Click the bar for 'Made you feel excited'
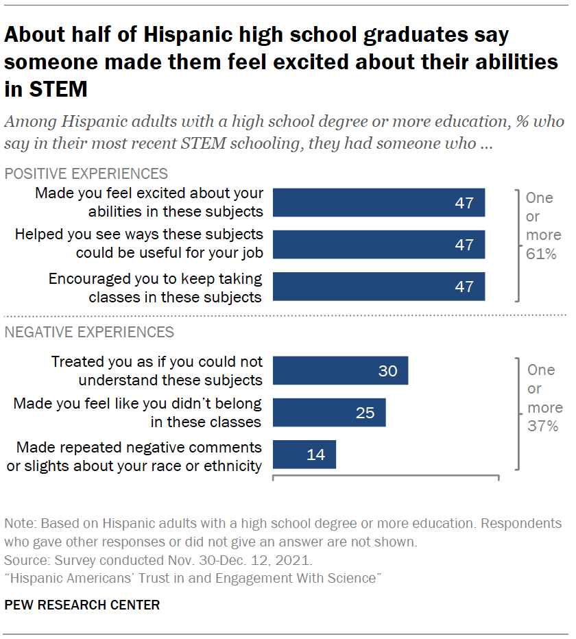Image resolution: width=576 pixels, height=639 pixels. click(x=379, y=203)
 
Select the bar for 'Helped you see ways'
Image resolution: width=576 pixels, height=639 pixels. click(x=379, y=245)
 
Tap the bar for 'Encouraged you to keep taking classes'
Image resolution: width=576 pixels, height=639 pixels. click(x=379, y=287)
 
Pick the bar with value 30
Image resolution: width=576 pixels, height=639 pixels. click(x=340, y=370)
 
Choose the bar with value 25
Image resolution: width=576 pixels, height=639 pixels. click(x=329, y=413)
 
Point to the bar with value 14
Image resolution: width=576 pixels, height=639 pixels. click(x=304, y=455)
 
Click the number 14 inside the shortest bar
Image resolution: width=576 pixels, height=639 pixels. click(x=315, y=455)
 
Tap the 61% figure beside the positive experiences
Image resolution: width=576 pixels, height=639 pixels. click(x=540, y=254)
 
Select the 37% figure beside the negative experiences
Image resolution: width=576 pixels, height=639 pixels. click(x=542, y=426)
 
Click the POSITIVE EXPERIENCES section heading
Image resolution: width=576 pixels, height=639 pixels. click(x=86, y=173)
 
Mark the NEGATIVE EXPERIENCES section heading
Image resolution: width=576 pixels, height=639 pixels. click(x=89, y=333)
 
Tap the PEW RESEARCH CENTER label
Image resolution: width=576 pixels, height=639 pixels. click(x=82, y=605)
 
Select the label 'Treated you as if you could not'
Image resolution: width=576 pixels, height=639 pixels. click(x=157, y=362)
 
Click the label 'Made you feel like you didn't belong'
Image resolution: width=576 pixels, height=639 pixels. click(x=138, y=404)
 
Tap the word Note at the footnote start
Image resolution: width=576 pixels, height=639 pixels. click(x=19, y=524)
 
